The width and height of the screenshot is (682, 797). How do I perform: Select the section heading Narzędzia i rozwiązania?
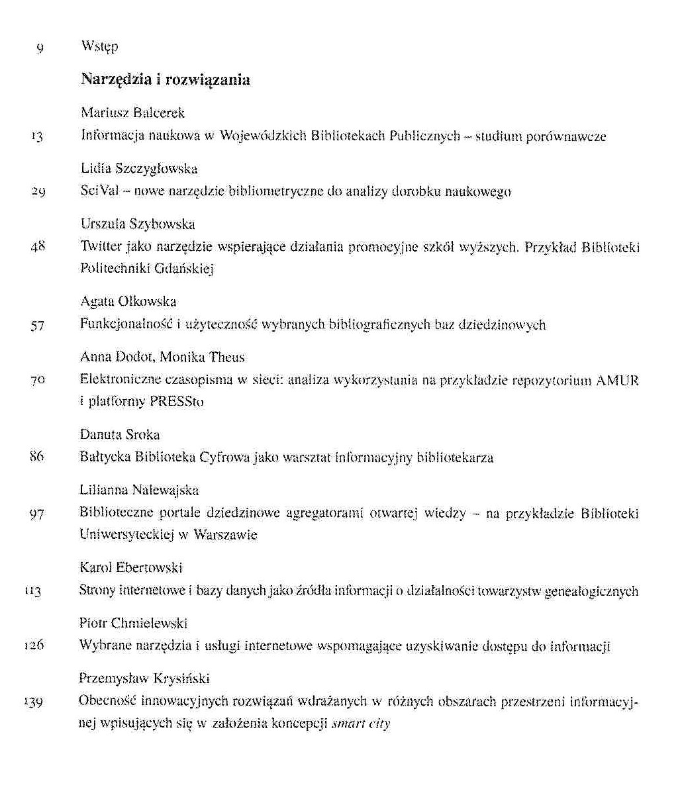click(x=165, y=80)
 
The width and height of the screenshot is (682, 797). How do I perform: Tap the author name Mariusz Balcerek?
click(x=132, y=113)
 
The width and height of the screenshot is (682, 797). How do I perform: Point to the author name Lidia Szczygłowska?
click(x=139, y=169)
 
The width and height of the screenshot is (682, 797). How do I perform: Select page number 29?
click(x=37, y=193)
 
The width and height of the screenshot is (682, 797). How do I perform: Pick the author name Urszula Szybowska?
click(x=138, y=224)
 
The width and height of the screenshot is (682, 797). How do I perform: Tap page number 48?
click(x=37, y=248)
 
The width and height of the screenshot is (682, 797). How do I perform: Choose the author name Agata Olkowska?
click(x=128, y=302)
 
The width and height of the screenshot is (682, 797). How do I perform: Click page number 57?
click(x=37, y=326)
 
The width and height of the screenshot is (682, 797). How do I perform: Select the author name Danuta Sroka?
click(x=120, y=435)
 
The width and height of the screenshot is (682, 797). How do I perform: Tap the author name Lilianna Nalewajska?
click(x=139, y=491)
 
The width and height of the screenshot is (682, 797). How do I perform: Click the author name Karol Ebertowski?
click(x=131, y=568)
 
